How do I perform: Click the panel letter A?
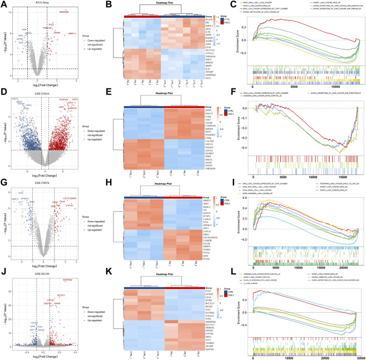(x=3, y=4)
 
